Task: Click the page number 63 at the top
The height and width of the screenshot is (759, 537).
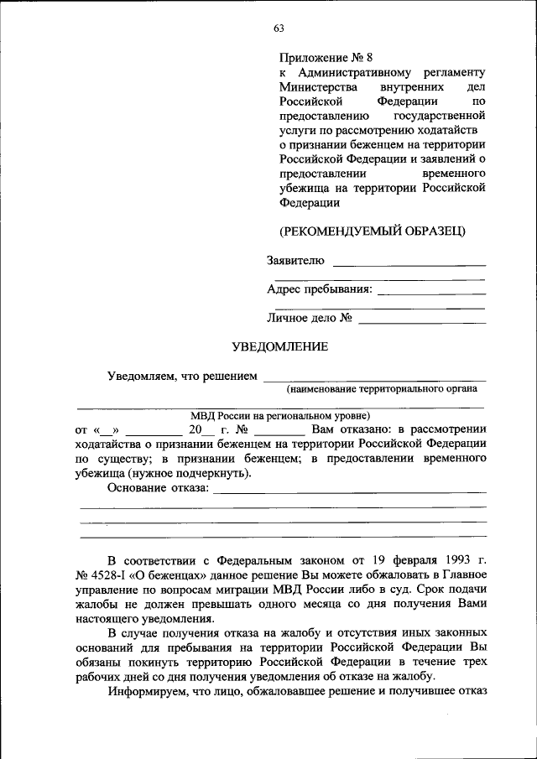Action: [279, 29]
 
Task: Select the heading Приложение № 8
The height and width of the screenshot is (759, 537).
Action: [326, 58]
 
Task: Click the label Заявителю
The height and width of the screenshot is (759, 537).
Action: [295, 261]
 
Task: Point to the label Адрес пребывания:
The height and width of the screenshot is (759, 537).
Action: [320, 289]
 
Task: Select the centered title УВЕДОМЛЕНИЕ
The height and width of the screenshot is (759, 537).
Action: [279, 346]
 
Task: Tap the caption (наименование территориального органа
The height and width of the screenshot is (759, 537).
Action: [382, 389]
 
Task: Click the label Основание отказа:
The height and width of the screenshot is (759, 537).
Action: [158, 489]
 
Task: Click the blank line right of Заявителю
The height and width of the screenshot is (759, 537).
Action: [409, 265]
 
